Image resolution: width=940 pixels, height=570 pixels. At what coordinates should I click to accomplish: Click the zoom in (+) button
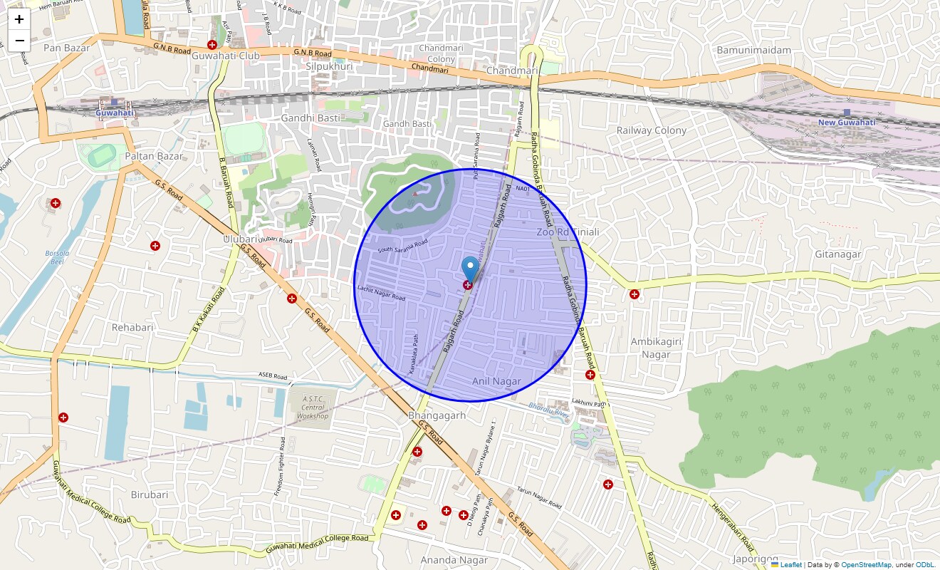click(19, 19)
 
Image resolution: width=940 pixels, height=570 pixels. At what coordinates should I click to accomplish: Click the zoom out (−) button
click(19, 41)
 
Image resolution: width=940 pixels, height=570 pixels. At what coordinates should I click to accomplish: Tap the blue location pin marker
click(469, 269)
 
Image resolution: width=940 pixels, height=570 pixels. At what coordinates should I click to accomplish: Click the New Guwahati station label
click(846, 122)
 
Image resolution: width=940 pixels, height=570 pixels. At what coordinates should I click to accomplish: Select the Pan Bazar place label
click(64, 48)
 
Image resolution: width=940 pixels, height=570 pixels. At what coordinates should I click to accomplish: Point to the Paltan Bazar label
click(154, 156)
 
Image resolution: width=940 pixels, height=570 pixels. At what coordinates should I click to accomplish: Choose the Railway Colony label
click(651, 130)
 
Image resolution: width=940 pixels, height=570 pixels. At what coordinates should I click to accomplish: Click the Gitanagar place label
click(838, 254)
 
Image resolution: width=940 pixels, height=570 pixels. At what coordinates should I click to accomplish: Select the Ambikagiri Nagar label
click(656, 348)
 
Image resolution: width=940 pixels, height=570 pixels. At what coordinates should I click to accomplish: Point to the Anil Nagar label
click(496, 382)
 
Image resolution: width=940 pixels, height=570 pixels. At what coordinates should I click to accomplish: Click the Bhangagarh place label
click(437, 415)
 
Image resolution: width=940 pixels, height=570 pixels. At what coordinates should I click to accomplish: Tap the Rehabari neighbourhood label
click(132, 327)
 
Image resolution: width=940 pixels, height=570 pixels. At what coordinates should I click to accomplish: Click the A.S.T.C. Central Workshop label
click(313, 408)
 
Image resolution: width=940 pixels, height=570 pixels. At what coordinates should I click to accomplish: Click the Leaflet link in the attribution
click(790, 564)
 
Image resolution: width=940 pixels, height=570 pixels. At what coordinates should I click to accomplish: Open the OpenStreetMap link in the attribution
click(865, 564)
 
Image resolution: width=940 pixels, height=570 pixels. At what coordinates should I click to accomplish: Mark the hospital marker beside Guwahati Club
click(211, 45)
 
